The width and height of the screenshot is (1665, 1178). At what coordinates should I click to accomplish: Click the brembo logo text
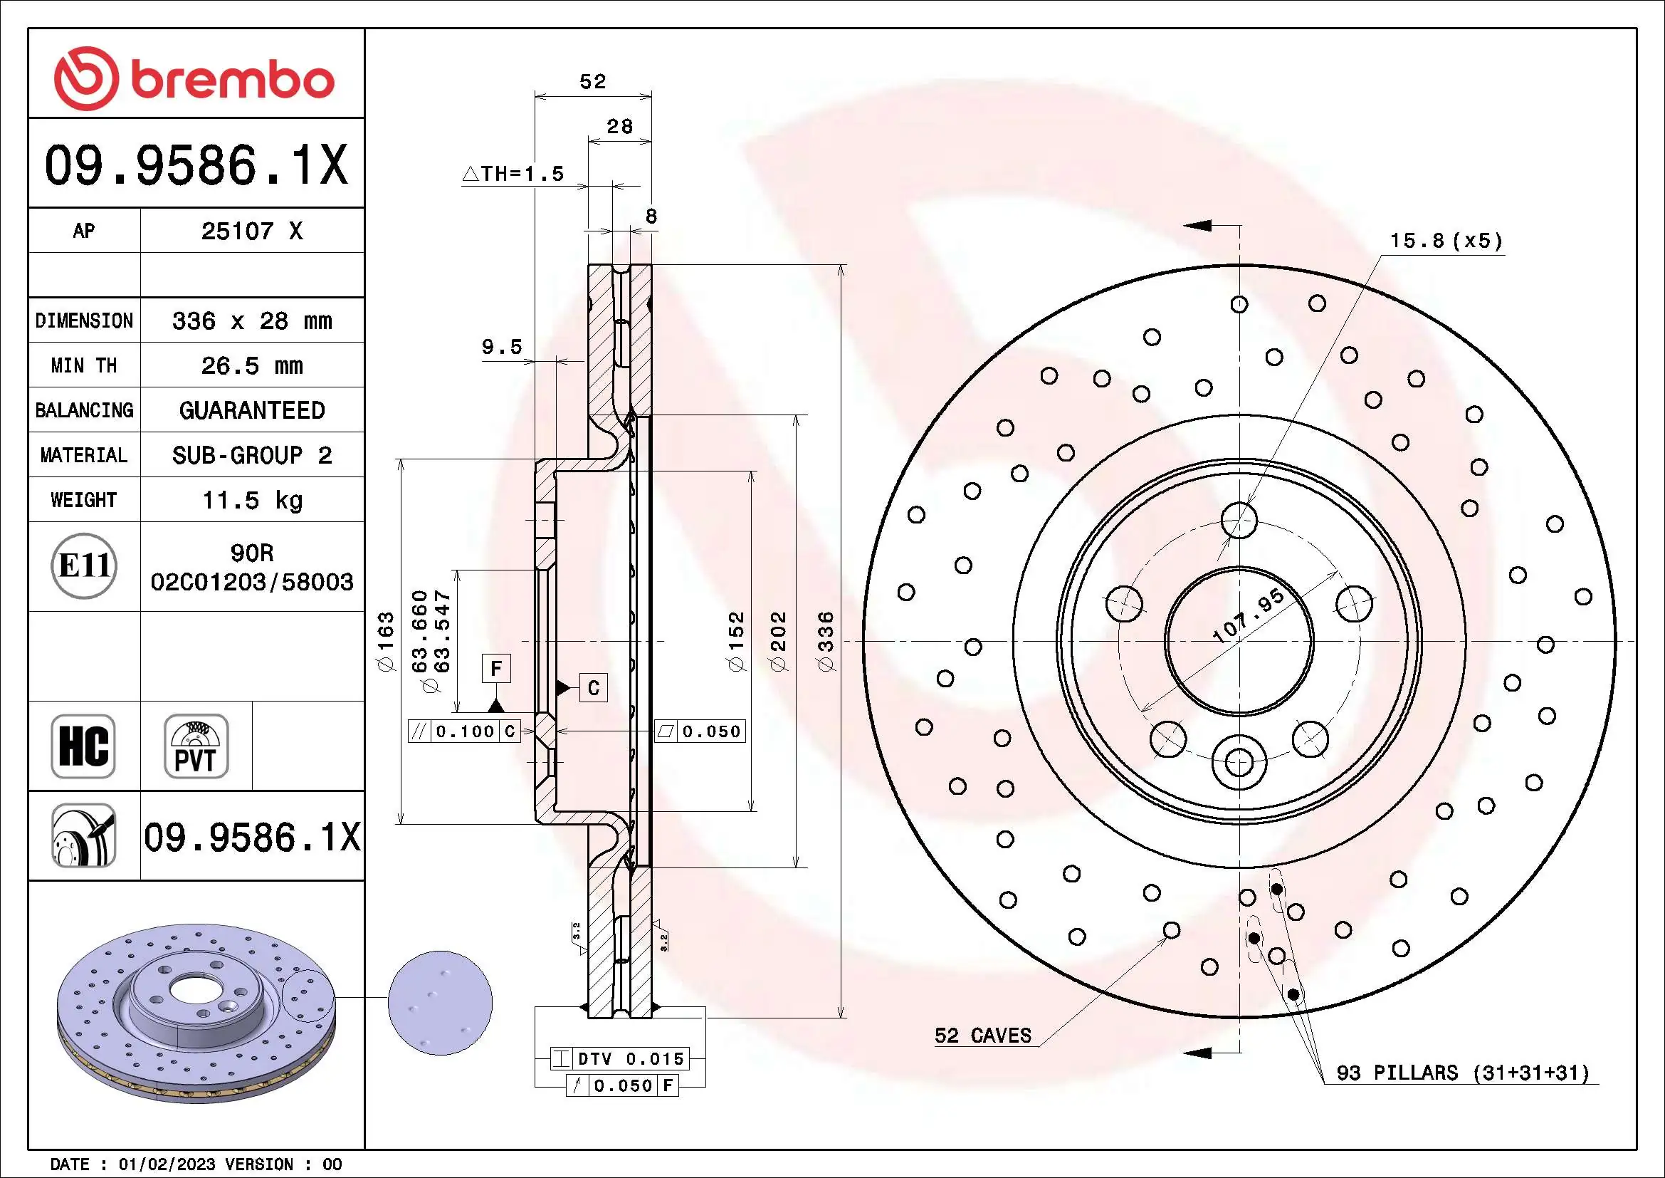pos(232,80)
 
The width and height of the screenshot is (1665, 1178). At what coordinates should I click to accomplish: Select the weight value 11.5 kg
pos(251,501)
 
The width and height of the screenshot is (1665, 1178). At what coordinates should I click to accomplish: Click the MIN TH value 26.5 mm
pos(251,365)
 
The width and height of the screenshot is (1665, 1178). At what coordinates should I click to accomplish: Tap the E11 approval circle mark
pos(84,565)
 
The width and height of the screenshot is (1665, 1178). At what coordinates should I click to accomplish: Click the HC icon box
pos(83,746)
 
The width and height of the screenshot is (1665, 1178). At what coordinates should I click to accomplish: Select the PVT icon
pos(196,746)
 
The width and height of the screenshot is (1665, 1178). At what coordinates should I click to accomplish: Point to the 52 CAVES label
pos(982,1036)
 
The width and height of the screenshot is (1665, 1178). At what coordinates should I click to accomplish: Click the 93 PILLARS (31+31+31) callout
pos(1462,1073)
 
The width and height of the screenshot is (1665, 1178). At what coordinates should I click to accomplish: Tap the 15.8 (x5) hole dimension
pos(1445,241)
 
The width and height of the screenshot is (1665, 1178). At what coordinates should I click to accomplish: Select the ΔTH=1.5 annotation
pos(513,174)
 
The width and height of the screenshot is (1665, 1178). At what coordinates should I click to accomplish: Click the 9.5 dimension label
pos(502,347)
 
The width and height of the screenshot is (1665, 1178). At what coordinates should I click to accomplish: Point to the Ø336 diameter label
pos(826,640)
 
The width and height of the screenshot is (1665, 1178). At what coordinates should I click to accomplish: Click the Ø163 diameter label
pos(387,641)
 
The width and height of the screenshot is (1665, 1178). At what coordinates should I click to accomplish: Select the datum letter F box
pos(496,668)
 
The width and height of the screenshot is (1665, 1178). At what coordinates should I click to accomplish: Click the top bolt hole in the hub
pos(1239,519)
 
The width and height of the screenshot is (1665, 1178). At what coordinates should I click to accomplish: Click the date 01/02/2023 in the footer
pos(167,1164)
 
